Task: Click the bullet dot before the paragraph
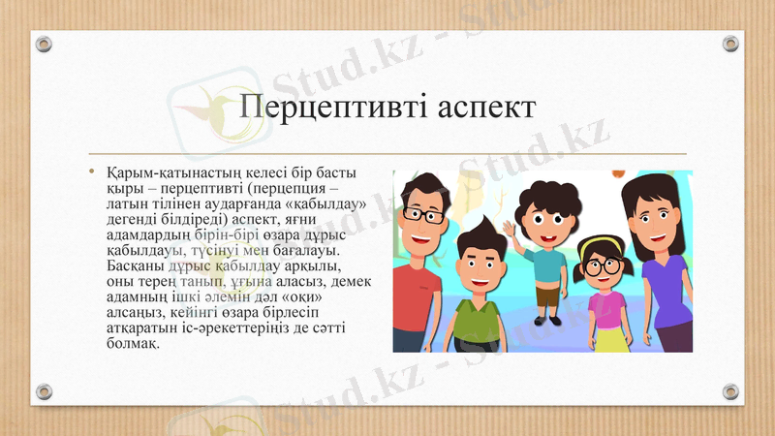tap(92, 173)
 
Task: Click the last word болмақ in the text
tap(133, 343)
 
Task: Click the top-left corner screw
tap(45, 45)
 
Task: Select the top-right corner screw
tap(730, 45)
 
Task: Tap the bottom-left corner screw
tap(45, 391)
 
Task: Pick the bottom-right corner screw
tap(730, 391)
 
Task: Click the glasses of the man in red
tap(418, 214)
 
